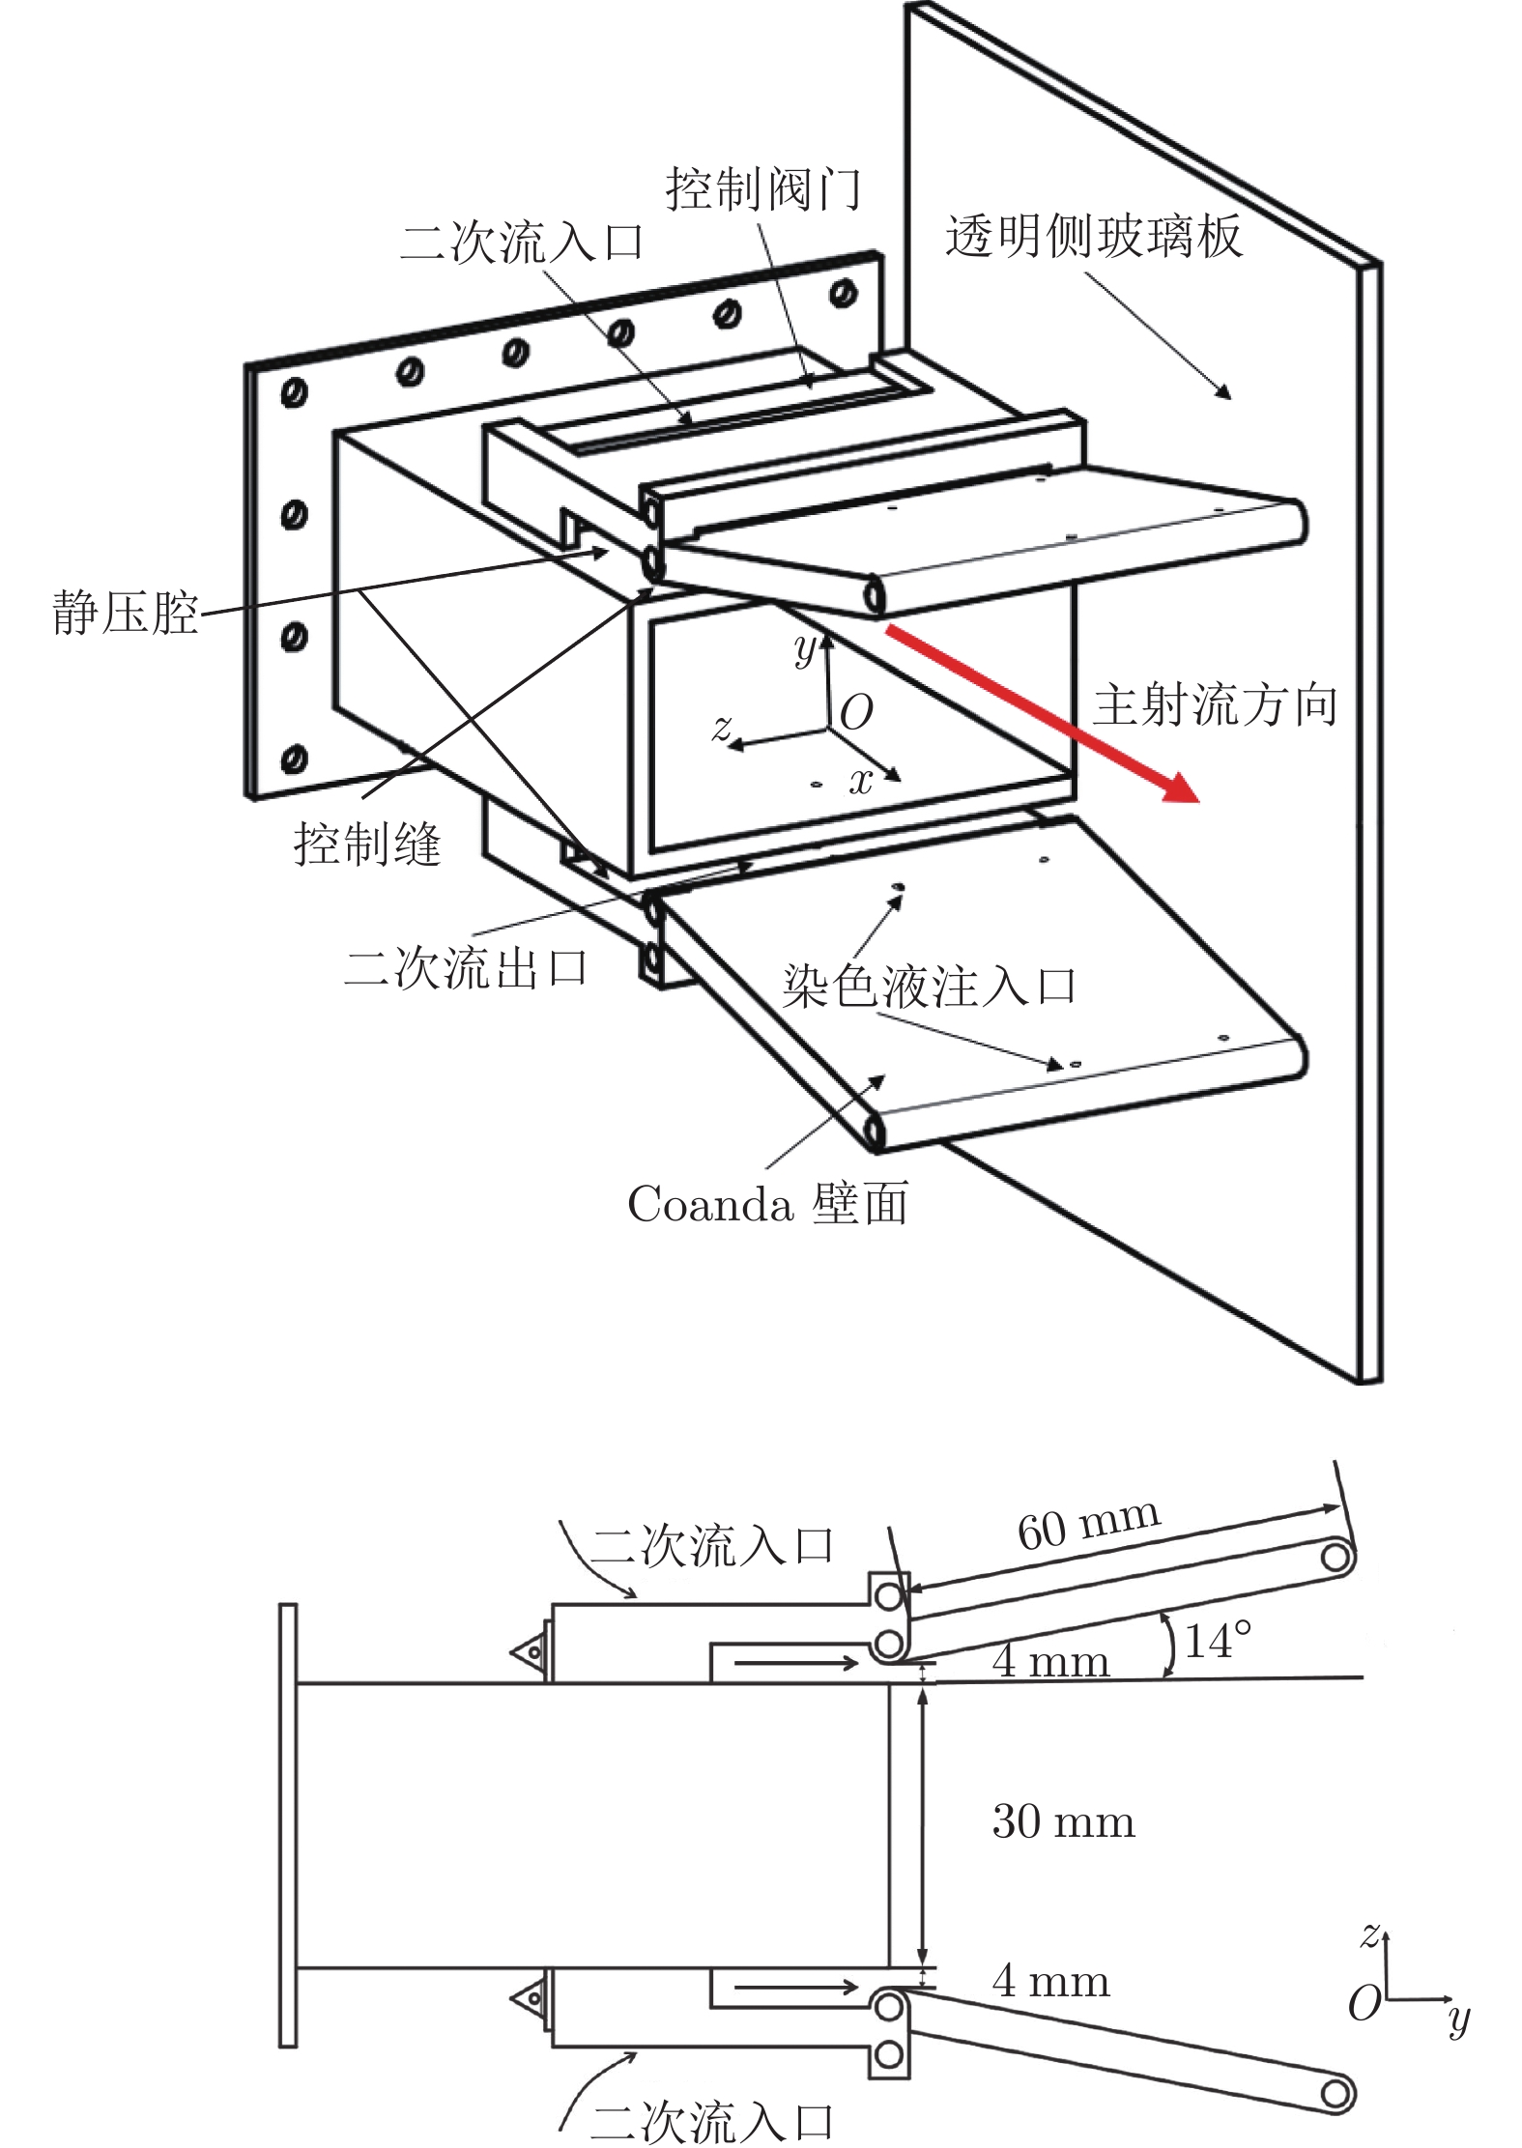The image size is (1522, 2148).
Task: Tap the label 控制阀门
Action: [x=763, y=189]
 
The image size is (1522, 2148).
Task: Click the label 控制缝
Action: [x=367, y=844]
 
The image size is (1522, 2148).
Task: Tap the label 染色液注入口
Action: [x=929, y=987]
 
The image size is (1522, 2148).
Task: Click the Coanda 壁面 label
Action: [x=768, y=1204]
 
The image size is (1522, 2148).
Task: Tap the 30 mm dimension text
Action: [x=1063, y=1821]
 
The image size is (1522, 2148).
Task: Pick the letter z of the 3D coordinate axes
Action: [x=721, y=727]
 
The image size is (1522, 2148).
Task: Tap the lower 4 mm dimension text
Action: [x=1050, y=1982]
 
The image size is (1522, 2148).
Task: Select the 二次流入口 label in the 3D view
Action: [x=522, y=242]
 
